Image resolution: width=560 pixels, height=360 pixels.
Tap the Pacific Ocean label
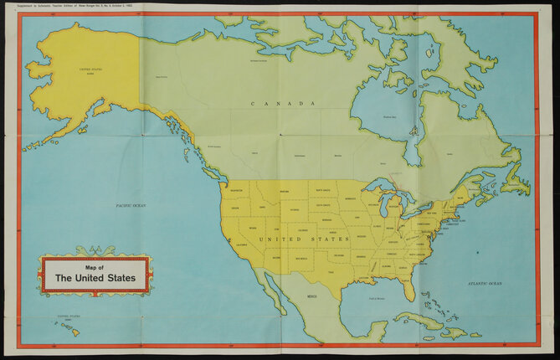pyautogui.click(x=131, y=205)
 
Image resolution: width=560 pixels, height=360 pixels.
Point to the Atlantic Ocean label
pyautogui.click(x=483, y=285)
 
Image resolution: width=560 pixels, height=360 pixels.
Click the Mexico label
pyautogui.click(x=311, y=296)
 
